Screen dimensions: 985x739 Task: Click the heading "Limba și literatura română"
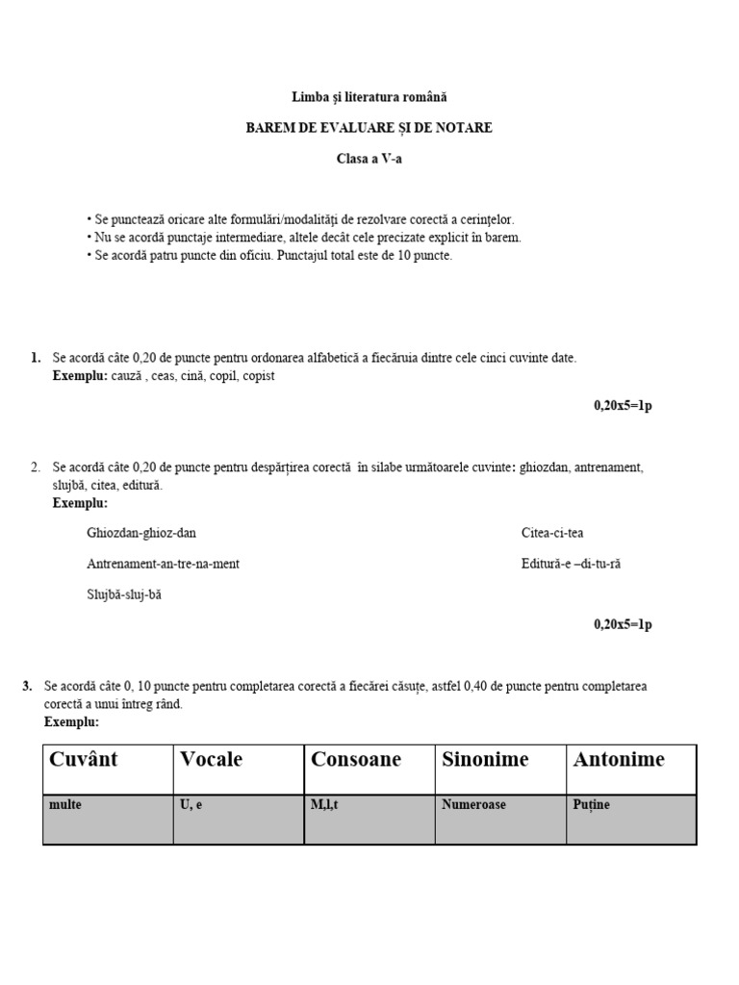[x=369, y=97]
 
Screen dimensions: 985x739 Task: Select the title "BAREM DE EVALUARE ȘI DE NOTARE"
[x=369, y=128]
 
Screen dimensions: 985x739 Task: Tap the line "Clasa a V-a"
[x=369, y=159]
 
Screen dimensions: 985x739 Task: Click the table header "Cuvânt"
[x=83, y=760]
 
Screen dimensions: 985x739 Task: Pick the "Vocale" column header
[x=212, y=760]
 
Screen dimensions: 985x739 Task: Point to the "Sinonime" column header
[x=485, y=760]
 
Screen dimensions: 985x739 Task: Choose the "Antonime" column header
[x=619, y=760]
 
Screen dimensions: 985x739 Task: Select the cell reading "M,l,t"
[x=325, y=805]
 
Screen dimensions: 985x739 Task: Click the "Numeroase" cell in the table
[x=473, y=805]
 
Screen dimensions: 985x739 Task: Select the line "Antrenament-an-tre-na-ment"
[x=163, y=564]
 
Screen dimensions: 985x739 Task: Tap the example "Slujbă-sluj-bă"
[x=124, y=594]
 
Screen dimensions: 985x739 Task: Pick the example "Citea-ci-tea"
[x=552, y=533]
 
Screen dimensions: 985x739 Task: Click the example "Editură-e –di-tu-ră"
[x=571, y=564]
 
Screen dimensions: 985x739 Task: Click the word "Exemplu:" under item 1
[x=80, y=376]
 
